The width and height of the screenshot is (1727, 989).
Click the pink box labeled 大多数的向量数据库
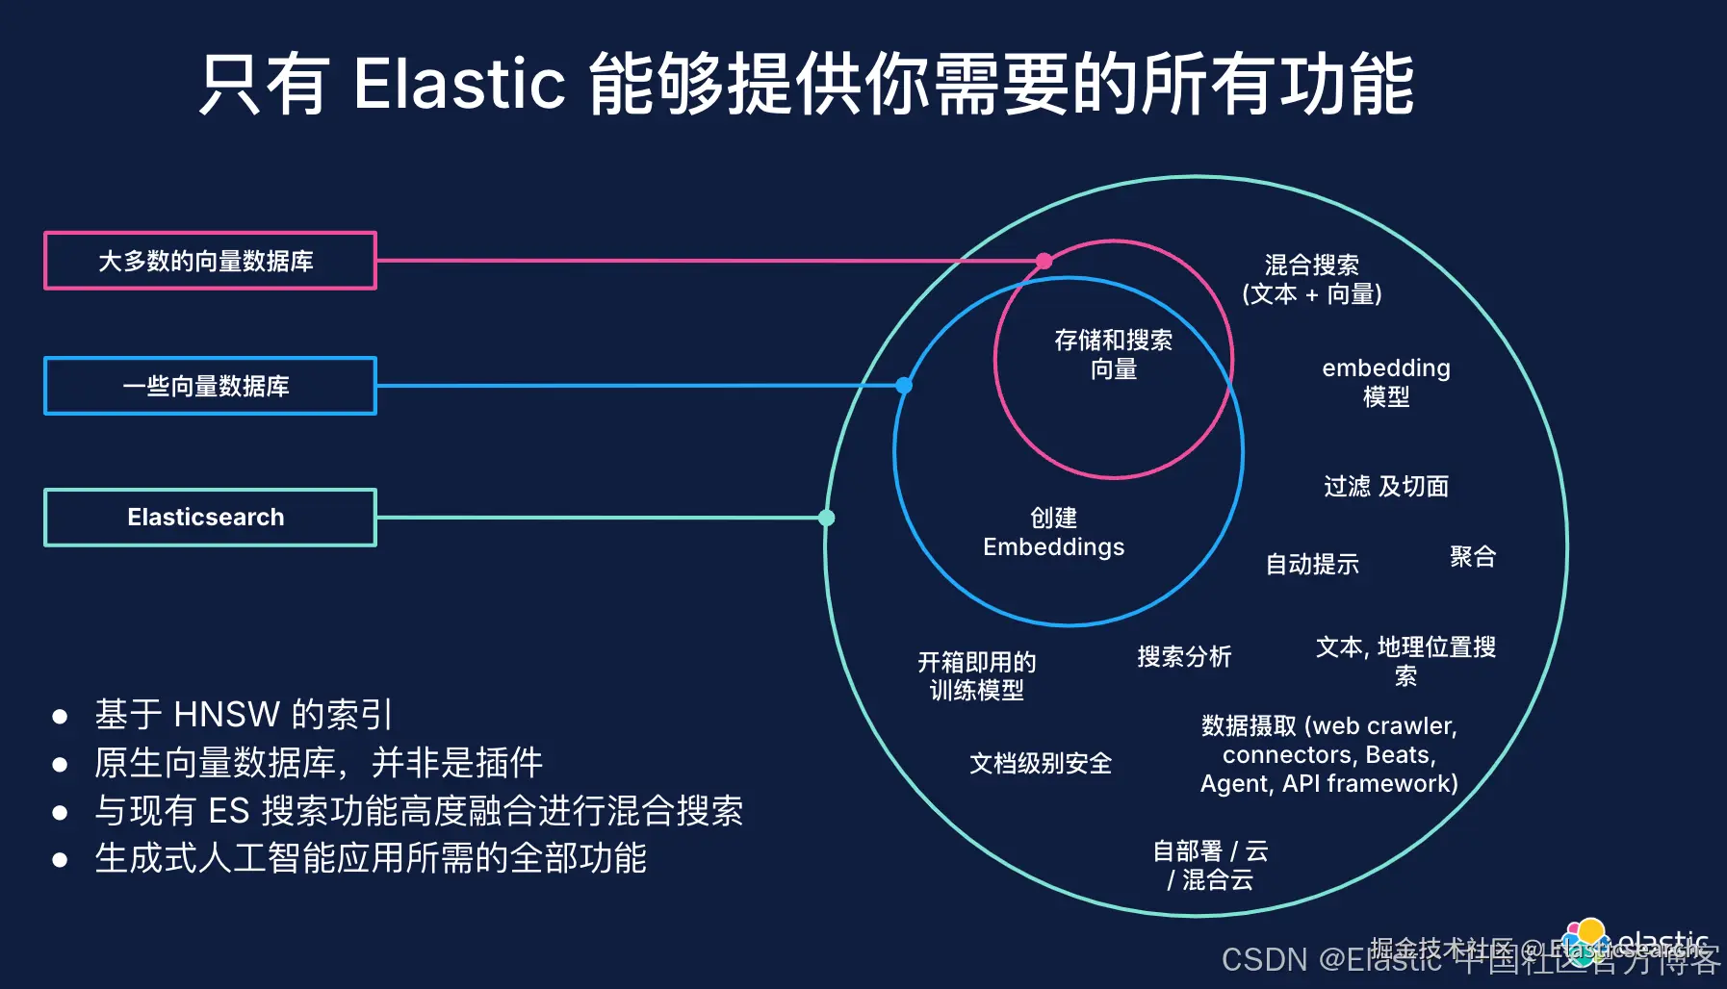tap(210, 261)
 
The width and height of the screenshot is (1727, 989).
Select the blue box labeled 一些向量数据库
tap(210, 386)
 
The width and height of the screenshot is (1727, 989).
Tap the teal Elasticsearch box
tap(210, 518)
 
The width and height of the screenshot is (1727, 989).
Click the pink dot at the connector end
tap(1044, 261)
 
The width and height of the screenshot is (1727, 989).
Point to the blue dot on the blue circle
tap(904, 386)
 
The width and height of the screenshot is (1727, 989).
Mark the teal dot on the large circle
tap(826, 518)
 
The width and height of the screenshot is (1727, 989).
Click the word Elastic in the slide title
tap(459, 84)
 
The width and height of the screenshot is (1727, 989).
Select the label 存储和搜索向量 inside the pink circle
tap(1113, 354)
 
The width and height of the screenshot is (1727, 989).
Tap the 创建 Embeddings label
tap(1053, 532)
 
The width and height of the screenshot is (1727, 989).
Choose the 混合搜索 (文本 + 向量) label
tap(1311, 279)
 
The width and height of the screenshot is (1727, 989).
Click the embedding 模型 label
tap(1385, 382)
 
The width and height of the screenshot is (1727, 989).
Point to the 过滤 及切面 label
tap(1385, 486)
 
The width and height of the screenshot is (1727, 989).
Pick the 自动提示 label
tap(1312, 564)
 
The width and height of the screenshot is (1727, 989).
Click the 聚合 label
tap(1472, 556)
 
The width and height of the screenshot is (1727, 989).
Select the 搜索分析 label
tap(1184, 656)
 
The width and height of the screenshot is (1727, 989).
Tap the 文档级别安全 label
tap(1040, 763)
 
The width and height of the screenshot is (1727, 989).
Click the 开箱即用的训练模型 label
tap(976, 675)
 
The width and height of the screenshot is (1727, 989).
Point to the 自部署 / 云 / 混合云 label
tap(1210, 865)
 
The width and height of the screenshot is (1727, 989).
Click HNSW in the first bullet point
tap(226, 715)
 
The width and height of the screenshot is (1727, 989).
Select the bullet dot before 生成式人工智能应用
tap(60, 859)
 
